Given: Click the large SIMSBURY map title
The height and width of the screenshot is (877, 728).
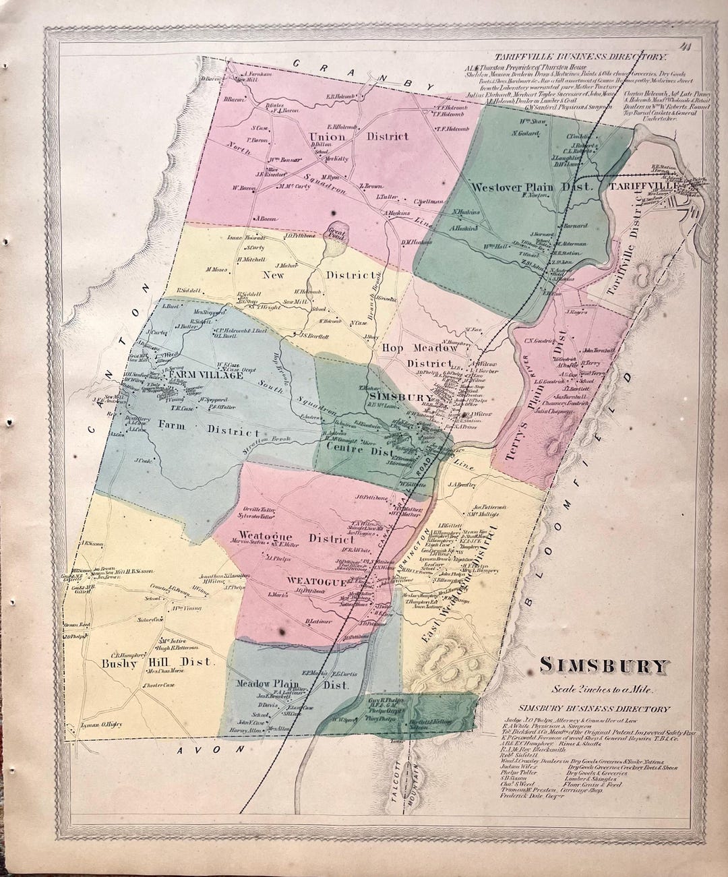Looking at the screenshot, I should point(604,667).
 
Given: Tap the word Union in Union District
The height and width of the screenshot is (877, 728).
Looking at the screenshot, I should point(327,137).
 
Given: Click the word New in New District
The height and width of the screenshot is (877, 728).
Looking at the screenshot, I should point(276,275).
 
